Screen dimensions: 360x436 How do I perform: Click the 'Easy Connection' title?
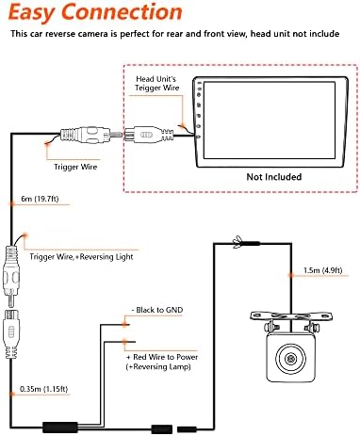click(x=95, y=12)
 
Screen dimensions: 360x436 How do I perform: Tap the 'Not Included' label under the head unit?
click(x=274, y=177)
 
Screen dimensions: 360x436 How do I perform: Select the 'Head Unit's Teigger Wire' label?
click(x=156, y=84)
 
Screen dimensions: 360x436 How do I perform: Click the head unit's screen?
click(x=270, y=121)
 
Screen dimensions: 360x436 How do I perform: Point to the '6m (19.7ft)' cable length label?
click(x=40, y=199)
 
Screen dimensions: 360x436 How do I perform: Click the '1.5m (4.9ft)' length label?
click(x=322, y=270)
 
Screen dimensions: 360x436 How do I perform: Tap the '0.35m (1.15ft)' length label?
click(x=43, y=389)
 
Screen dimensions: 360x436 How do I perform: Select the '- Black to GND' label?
click(x=157, y=310)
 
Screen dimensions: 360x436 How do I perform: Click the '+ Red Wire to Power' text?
click(x=162, y=357)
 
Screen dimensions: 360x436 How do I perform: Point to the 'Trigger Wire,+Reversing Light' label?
click(x=81, y=257)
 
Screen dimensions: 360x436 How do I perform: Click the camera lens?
click(x=290, y=359)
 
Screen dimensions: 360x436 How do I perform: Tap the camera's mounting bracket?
click(x=291, y=316)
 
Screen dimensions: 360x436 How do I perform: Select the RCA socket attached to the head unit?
click(x=149, y=135)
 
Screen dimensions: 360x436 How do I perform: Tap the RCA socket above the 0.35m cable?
click(x=11, y=334)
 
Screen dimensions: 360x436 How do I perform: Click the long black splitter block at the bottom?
click(x=60, y=428)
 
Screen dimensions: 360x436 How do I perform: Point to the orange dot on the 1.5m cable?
click(x=291, y=275)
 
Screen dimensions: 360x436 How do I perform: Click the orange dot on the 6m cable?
click(x=12, y=204)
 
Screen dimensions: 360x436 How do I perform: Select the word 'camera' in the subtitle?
click(x=88, y=34)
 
